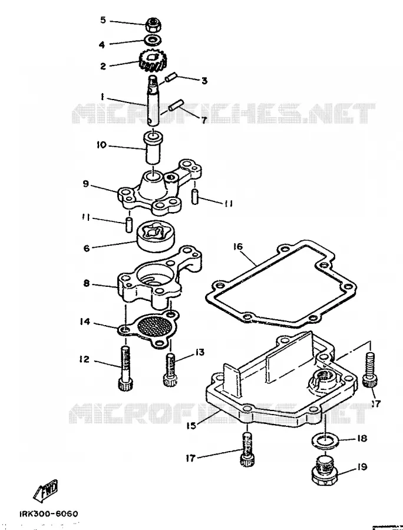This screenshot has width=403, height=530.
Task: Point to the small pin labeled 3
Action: (170, 79)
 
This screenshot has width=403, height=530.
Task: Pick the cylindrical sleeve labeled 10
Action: (154, 148)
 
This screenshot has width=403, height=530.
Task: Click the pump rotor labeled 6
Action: (154, 235)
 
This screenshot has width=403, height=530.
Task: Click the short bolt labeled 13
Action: (170, 370)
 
